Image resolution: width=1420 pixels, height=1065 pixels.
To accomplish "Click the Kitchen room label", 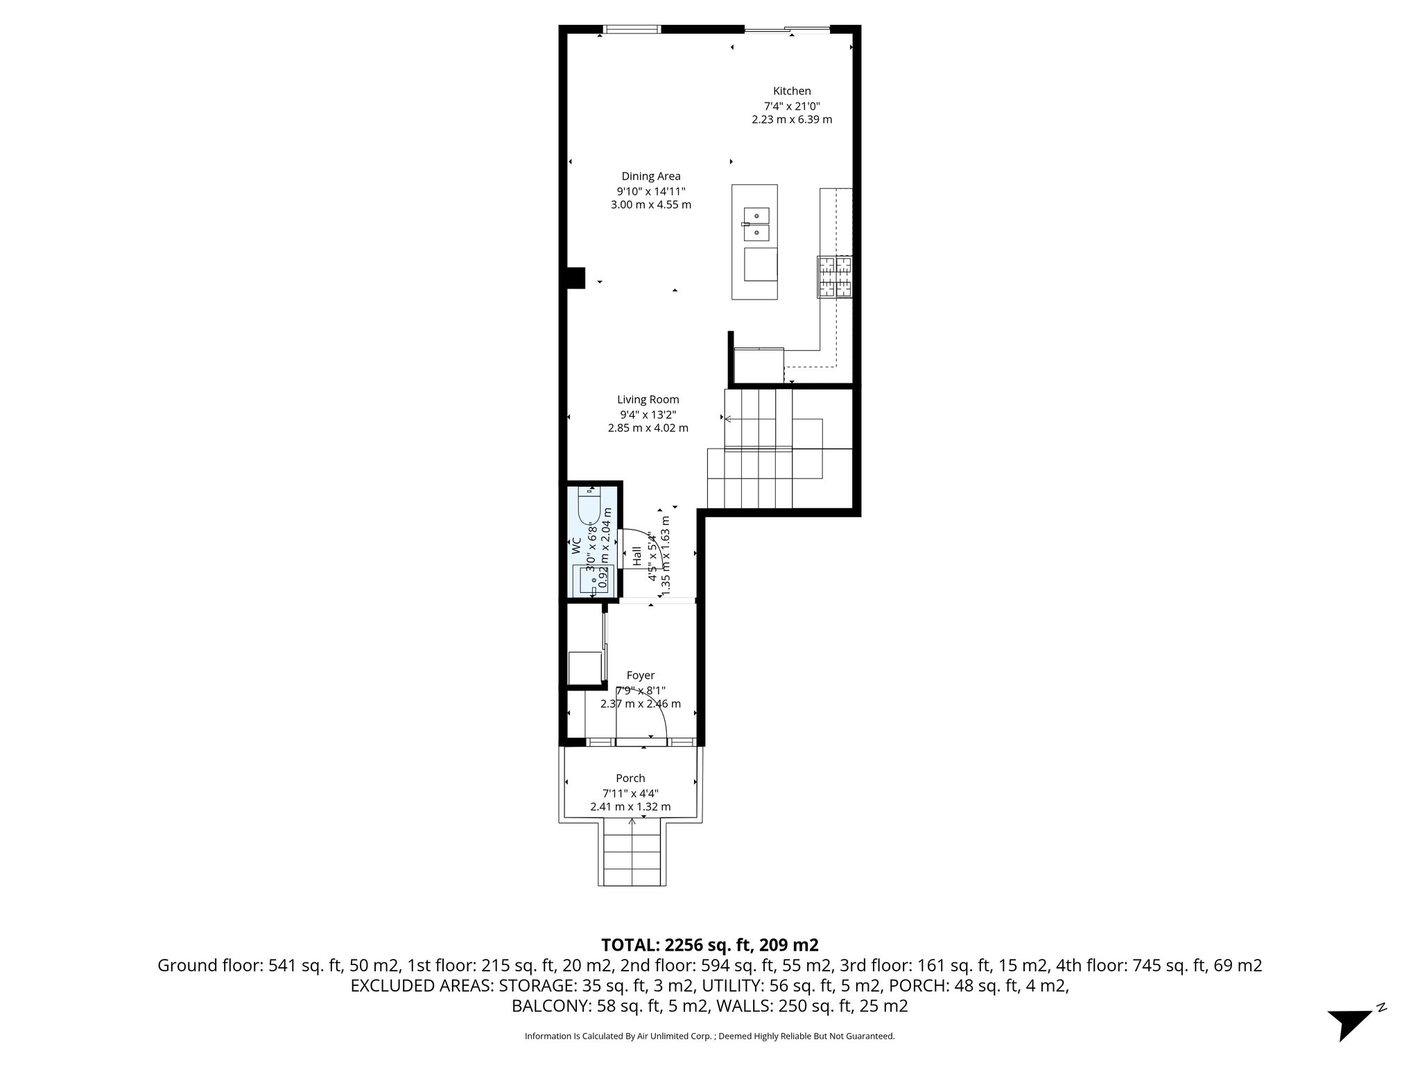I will pyautogui.click(x=792, y=91).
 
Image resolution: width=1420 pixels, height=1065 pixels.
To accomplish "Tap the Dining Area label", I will pyautogui.click(x=650, y=176).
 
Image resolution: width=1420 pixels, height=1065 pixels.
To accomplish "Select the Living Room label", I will pyautogui.click(x=648, y=399).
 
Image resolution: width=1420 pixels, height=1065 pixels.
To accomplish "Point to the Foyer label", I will pyautogui.click(x=640, y=675).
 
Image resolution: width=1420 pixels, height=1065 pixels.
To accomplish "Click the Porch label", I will pyautogui.click(x=630, y=778).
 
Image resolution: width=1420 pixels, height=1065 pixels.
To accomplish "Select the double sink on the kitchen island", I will pyautogui.click(x=756, y=224).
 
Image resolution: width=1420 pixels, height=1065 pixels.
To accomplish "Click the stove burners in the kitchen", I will pyautogui.click(x=835, y=277).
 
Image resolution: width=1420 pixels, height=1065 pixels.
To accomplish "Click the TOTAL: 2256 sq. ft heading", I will pyautogui.click(x=709, y=944).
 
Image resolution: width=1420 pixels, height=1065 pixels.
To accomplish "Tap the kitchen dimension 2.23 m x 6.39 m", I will pyautogui.click(x=792, y=119).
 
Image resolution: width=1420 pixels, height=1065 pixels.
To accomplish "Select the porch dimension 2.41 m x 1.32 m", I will pyautogui.click(x=630, y=807).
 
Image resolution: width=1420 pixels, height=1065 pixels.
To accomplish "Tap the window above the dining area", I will pyautogui.click(x=631, y=29).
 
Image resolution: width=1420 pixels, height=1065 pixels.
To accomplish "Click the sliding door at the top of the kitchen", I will pyautogui.click(x=786, y=29).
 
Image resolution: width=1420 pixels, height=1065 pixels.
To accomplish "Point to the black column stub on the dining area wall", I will pyautogui.click(x=575, y=277).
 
